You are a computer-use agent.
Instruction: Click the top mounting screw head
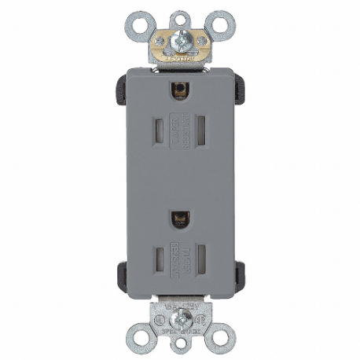[180, 38]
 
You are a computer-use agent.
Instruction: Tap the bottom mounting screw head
[180, 322]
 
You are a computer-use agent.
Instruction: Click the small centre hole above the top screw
[180, 13]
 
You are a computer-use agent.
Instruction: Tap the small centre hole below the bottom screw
[180, 347]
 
